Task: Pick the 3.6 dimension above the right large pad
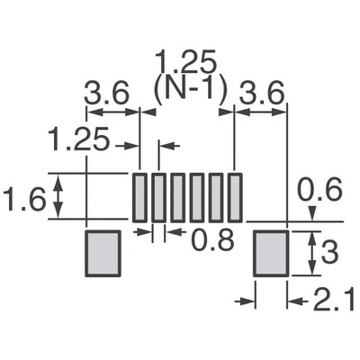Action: (x=262, y=94)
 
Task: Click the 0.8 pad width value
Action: (x=205, y=239)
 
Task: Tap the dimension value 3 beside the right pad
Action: (x=329, y=254)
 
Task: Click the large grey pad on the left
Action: (x=102, y=254)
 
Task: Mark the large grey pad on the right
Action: (x=269, y=254)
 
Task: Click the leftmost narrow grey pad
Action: (x=139, y=197)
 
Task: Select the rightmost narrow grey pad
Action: (x=235, y=197)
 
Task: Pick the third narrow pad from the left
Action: (x=177, y=197)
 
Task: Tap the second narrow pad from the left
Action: (x=158, y=197)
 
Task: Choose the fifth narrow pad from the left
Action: (x=216, y=197)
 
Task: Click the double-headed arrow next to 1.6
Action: (x=60, y=197)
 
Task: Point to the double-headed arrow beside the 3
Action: (x=312, y=254)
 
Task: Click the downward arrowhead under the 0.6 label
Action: (x=312, y=215)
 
